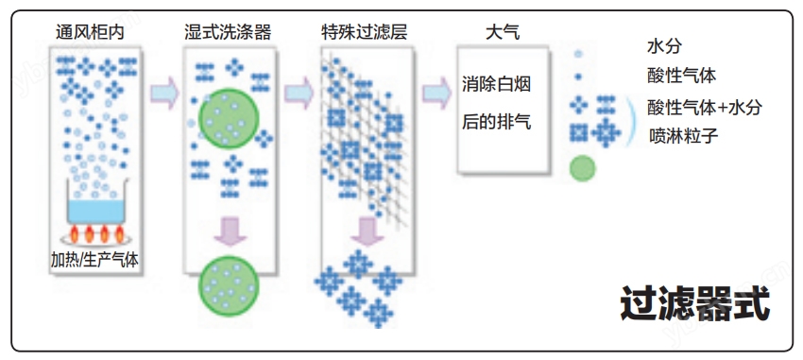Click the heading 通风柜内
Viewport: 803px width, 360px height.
90,32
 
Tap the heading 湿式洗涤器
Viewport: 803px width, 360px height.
228,32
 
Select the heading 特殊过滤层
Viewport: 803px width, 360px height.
365,32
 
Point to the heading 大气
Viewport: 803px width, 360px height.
503,32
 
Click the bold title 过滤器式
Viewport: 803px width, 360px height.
695,303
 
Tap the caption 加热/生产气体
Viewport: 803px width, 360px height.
94,260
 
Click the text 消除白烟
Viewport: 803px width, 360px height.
496,84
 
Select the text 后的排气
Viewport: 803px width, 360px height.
496,122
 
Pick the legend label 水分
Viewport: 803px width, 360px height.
665,46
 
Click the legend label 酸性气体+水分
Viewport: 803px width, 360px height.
705,108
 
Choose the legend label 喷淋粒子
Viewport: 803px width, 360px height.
684,136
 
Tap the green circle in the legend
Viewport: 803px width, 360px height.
583,168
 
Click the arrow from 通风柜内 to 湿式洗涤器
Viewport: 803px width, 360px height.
164,94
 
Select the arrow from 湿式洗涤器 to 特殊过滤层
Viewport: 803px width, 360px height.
299,94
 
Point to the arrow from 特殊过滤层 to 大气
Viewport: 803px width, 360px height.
436,94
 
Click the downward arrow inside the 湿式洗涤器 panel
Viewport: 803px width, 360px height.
231,231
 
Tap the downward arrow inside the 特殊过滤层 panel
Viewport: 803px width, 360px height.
367,231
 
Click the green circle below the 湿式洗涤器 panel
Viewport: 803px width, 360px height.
229,285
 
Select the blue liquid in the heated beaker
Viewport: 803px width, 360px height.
96,212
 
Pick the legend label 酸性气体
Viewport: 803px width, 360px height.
682,77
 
